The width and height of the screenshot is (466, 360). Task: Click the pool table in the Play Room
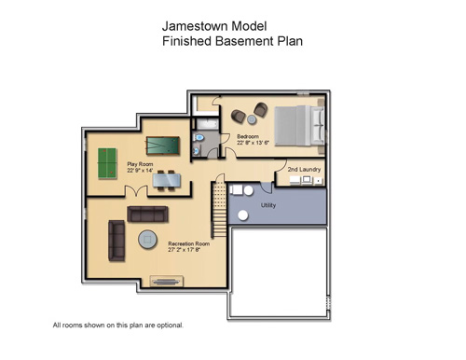pyautogui.click(x=162, y=145)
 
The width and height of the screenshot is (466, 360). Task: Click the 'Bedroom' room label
pyautogui.click(x=248, y=136)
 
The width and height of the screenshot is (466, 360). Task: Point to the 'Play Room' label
pyautogui.click(x=140, y=164)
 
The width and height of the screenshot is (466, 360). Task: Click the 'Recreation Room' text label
pyautogui.click(x=188, y=243)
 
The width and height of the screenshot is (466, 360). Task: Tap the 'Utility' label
pyautogui.click(x=268, y=204)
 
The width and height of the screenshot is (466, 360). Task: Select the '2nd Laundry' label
pyautogui.click(x=304, y=169)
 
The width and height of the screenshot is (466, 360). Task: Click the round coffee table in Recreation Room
pyautogui.click(x=148, y=240)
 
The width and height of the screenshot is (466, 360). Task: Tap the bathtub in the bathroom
pyautogui.click(x=206, y=122)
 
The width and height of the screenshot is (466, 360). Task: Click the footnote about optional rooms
pyautogui.click(x=118, y=325)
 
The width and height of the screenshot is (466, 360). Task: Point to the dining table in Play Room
pyautogui.click(x=166, y=178)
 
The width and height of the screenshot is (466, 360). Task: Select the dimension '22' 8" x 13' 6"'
pyautogui.click(x=253, y=143)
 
